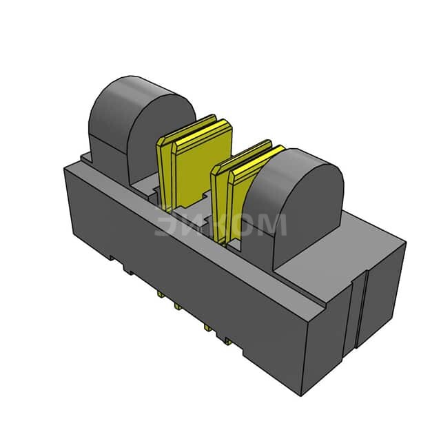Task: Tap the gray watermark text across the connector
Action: [x=220, y=224]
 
